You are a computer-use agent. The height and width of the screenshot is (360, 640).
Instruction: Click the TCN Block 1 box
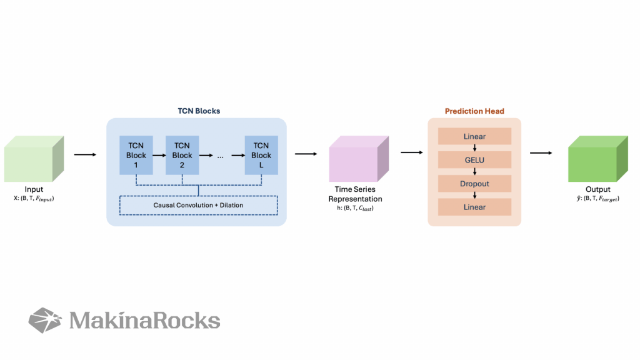136,155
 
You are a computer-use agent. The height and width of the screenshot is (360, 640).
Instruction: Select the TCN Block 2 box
182,155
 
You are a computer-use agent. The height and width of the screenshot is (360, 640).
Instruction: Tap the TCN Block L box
261,155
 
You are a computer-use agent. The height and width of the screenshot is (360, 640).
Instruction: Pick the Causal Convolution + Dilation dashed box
198,205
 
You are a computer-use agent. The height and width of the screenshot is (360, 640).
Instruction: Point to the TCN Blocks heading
199,111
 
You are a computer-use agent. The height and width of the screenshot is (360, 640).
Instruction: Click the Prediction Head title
474,111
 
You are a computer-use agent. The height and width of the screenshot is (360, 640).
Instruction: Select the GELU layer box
474,160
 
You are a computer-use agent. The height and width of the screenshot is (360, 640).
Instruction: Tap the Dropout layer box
474,184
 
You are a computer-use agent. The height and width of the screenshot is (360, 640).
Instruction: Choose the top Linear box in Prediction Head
474,136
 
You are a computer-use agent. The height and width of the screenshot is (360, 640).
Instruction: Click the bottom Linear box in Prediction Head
474,207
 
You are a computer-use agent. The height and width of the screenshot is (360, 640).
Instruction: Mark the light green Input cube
34,159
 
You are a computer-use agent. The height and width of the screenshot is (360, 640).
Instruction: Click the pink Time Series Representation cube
359,159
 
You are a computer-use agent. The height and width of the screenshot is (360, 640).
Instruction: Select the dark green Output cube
598,159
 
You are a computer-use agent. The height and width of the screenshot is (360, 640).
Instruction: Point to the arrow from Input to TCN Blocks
85,155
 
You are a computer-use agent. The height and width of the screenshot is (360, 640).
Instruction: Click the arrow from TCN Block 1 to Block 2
159,155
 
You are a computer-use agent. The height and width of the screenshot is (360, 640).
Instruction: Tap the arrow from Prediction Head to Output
541,153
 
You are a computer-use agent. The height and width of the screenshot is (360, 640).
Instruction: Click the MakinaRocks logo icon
45,321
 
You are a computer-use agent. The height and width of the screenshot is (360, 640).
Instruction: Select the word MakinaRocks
144,321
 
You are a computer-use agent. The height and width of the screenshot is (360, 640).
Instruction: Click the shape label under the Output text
598,199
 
